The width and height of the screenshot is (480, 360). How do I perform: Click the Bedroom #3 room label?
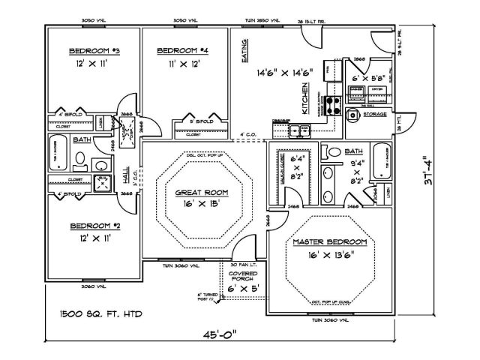coord(88,51)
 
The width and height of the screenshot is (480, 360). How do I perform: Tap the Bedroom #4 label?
coord(182,51)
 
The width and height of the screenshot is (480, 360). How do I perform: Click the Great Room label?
coord(202,193)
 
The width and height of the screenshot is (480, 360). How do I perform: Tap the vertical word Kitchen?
coord(304,99)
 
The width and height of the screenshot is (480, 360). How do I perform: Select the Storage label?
coord(374,115)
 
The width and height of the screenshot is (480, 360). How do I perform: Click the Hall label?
coord(126,176)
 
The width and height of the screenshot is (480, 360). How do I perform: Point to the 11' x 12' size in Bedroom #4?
coord(181,65)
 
